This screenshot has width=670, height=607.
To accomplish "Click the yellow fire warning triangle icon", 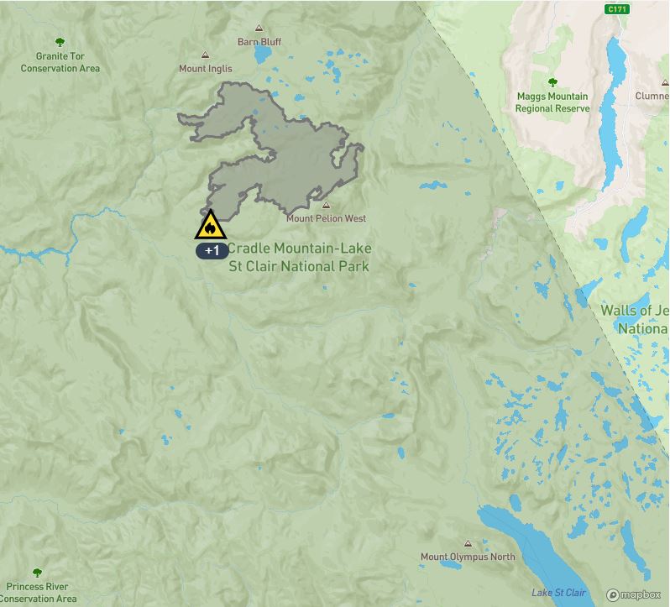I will (x=211, y=227).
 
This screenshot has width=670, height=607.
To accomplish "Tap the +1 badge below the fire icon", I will (x=212, y=250).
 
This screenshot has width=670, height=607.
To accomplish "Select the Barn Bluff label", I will (x=259, y=42).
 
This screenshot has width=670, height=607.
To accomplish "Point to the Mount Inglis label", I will (x=205, y=69).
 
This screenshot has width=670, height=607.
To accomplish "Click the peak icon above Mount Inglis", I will (x=205, y=55).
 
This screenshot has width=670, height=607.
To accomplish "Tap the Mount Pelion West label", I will (x=326, y=218).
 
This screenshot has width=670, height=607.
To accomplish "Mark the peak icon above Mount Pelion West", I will (x=326, y=205).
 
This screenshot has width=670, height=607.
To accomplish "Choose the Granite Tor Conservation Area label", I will (x=60, y=62).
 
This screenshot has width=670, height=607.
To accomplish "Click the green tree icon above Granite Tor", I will (x=60, y=42).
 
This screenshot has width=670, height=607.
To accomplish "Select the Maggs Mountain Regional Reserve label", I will (x=552, y=102).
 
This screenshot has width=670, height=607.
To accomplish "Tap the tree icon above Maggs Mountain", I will (x=552, y=82).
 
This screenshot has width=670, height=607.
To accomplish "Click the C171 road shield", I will (x=618, y=9).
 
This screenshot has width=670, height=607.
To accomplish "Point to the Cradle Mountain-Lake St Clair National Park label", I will (x=298, y=258).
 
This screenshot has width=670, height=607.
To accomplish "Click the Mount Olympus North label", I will (x=468, y=557).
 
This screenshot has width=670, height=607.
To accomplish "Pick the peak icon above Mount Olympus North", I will (x=468, y=543).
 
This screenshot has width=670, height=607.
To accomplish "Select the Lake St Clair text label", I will (x=558, y=593).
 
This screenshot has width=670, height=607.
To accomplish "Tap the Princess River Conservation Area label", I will (x=38, y=593).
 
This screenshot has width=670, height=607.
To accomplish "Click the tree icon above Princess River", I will (x=37, y=573).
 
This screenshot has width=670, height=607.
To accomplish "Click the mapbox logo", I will (x=634, y=594).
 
